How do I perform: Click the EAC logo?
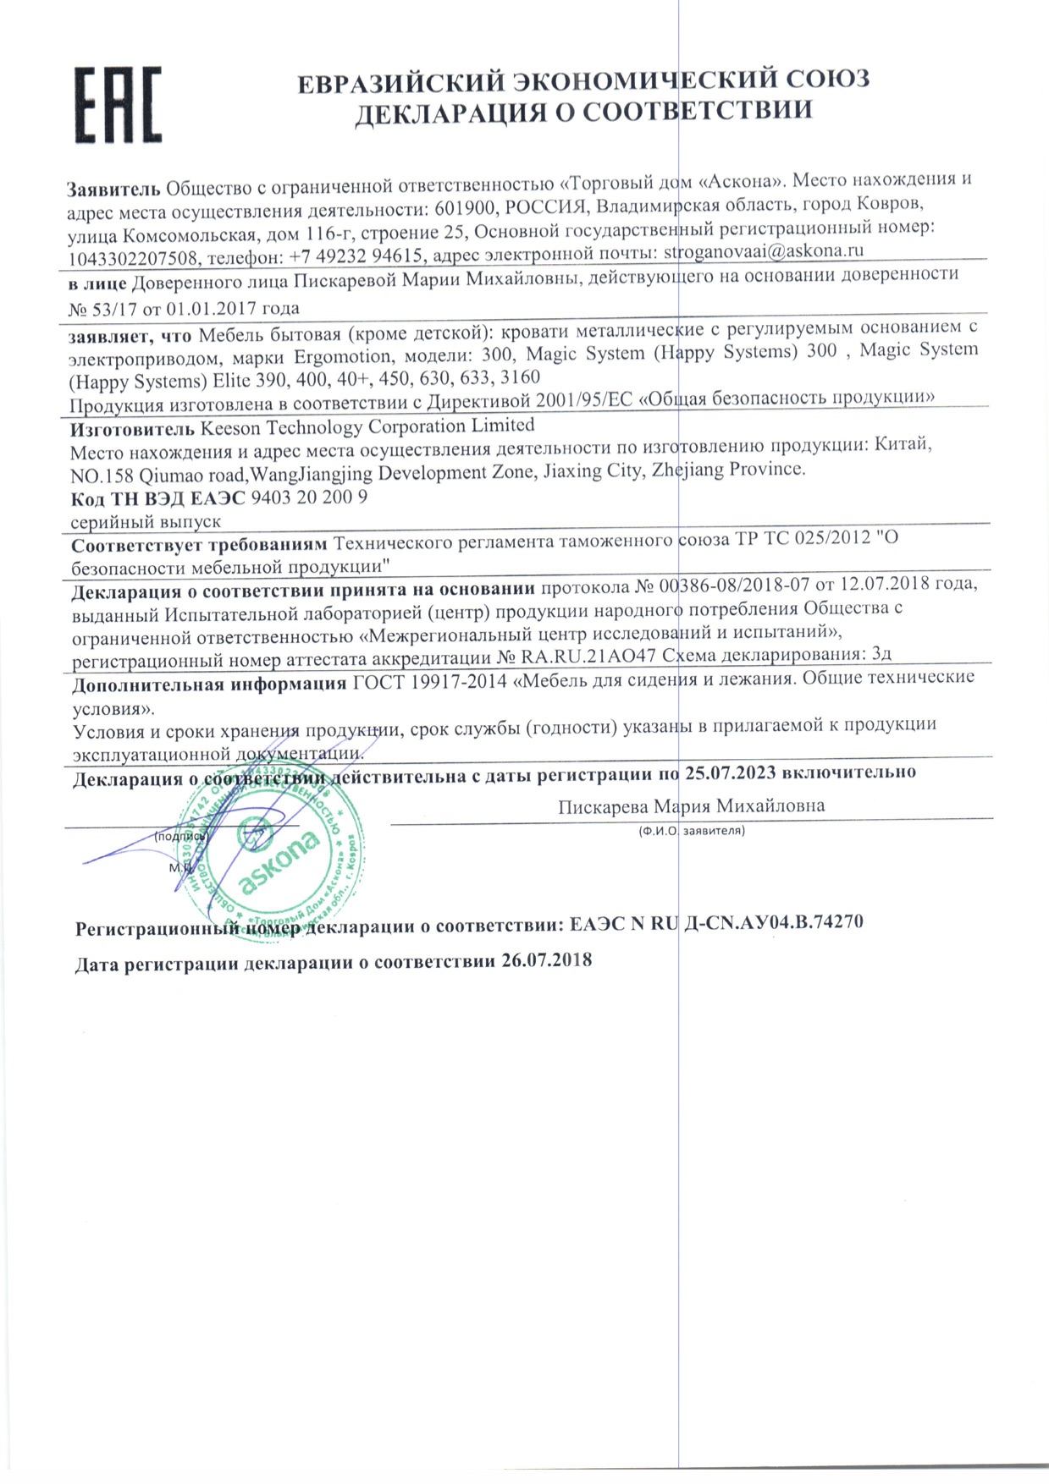pyautogui.click(x=118, y=104)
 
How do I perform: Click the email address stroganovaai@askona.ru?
pyautogui.click(x=763, y=251)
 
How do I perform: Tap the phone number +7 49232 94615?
pyautogui.click(x=362, y=255)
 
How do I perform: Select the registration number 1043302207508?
pyautogui.click(x=133, y=257)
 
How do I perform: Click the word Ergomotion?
pyautogui.click(x=343, y=357)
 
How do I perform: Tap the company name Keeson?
pyautogui.click(x=230, y=428)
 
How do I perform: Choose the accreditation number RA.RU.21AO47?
pyautogui.click(x=588, y=657)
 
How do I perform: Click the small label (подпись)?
pyautogui.click(x=179, y=836)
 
